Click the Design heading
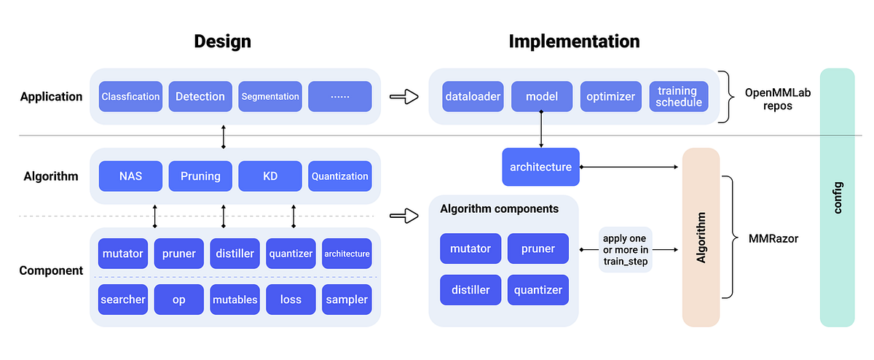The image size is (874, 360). click(x=222, y=42)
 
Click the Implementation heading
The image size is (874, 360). click(x=574, y=42)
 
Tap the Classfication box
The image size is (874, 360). click(x=130, y=96)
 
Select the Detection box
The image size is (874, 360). click(x=200, y=96)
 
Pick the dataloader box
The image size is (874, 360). click(x=473, y=96)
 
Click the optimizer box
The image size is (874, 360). click(x=610, y=96)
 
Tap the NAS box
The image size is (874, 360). click(x=130, y=176)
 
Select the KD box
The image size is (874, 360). click(x=269, y=176)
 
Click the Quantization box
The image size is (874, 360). click(x=340, y=176)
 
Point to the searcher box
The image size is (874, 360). click(x=123, y=300)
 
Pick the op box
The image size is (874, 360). click(x=178, y=300)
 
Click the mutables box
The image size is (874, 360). click(x=235, y=300)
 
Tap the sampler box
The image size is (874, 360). click(x=347, y=300)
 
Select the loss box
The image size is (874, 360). click(x=291, y=300)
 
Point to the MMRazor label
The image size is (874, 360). click(x=772, y=238)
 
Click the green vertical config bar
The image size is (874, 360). click(x=837, y=197)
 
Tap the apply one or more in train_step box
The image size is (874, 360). click(x=625, y=249)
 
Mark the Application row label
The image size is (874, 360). click(x=51, y=96)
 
